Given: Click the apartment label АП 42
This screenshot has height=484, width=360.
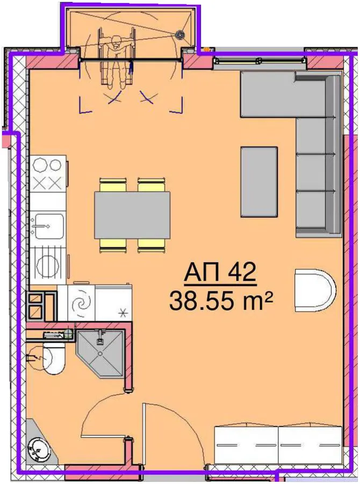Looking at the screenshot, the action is [220, 272].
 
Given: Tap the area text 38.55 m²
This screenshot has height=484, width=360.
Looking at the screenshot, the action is [221, 301].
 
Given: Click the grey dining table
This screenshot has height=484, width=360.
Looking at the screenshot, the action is [132, 215].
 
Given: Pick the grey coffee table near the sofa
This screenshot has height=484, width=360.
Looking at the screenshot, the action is [259, 182].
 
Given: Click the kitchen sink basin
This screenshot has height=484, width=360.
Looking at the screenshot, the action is [48, 226].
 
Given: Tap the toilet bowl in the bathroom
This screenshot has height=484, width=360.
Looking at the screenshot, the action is [53, 360].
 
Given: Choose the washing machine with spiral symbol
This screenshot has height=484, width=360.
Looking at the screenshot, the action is [81, 302].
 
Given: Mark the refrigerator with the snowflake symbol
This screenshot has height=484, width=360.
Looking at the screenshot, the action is [113, 302].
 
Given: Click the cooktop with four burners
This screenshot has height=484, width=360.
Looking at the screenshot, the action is [48, 174].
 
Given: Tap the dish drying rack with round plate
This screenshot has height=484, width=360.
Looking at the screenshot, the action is [48, 264].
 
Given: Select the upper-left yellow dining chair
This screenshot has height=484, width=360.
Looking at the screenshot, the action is [113, 184].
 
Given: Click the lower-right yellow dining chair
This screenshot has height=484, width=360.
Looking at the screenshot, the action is [152, 246].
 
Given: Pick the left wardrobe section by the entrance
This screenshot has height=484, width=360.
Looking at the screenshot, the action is [246, 445].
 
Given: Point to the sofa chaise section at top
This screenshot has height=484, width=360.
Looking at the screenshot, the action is [268, 94].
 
